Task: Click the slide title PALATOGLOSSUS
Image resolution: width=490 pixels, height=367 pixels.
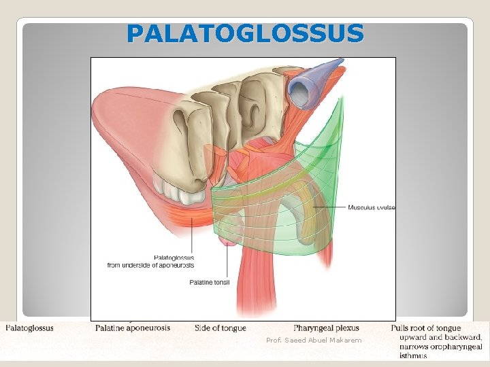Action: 245,33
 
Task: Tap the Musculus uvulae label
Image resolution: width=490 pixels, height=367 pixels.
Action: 372,207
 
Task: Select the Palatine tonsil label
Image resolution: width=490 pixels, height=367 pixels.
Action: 210,282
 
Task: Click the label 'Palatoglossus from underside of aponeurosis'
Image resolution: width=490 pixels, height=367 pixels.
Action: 150,262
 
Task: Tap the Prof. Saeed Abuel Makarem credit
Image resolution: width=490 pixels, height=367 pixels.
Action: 314,340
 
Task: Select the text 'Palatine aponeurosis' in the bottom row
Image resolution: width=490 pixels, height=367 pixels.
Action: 133,328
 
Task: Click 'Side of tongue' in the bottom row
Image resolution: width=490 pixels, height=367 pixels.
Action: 220,328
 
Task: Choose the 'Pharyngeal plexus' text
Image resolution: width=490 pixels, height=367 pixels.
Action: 326,328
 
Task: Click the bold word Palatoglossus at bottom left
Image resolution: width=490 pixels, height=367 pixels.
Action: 30,328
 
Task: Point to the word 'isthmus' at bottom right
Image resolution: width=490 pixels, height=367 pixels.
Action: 413,355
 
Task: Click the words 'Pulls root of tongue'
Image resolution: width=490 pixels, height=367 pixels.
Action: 425,328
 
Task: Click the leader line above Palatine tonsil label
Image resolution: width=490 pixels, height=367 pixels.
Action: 227,262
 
